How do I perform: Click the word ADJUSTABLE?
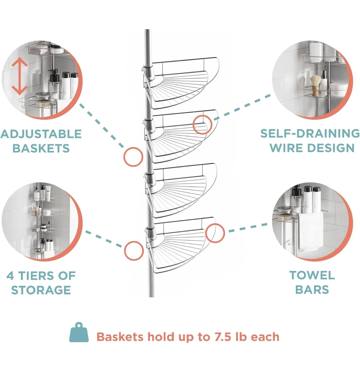[41, 134]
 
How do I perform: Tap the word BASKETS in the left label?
[41, 148]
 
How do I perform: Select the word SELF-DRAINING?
[310, 133]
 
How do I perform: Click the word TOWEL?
[312, 275]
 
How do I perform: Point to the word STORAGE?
[41, 290]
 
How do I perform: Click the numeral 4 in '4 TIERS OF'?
[10, 276]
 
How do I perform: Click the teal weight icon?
[79, 332]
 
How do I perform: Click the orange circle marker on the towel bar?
[215, 233]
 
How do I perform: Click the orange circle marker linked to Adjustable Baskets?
[133, 157]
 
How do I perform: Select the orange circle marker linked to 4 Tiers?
[134, 251]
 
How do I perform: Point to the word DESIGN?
[331, 148]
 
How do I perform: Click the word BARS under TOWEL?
[312, 290]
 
